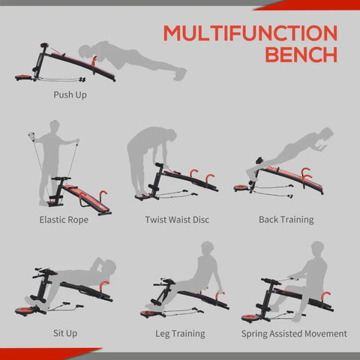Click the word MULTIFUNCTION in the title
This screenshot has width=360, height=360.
pyautogui.click(x=250, y=34)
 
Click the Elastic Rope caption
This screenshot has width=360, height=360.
pyautogui.click(x=64, y=220)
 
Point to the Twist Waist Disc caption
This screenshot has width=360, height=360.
pyautogui.click(x=177, y=220)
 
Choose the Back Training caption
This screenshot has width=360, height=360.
pyautogui.click(x=286, y=220)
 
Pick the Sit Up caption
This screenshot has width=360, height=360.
pyautogui.click(x=64, y=332)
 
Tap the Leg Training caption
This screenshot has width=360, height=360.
pyautogui.click(x=177, y=332)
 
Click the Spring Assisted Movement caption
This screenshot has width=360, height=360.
pyautogui.click(x=294, y=332)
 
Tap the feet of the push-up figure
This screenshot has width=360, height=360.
pyautogui.click(x=180, y=73)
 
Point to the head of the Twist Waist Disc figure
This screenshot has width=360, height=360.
pyautogui.click(x=171, y=136)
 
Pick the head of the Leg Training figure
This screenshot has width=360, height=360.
pyautogui.click(x=209, y=247)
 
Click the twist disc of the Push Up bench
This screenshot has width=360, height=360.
pyautogui.click(x=22, y=76)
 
